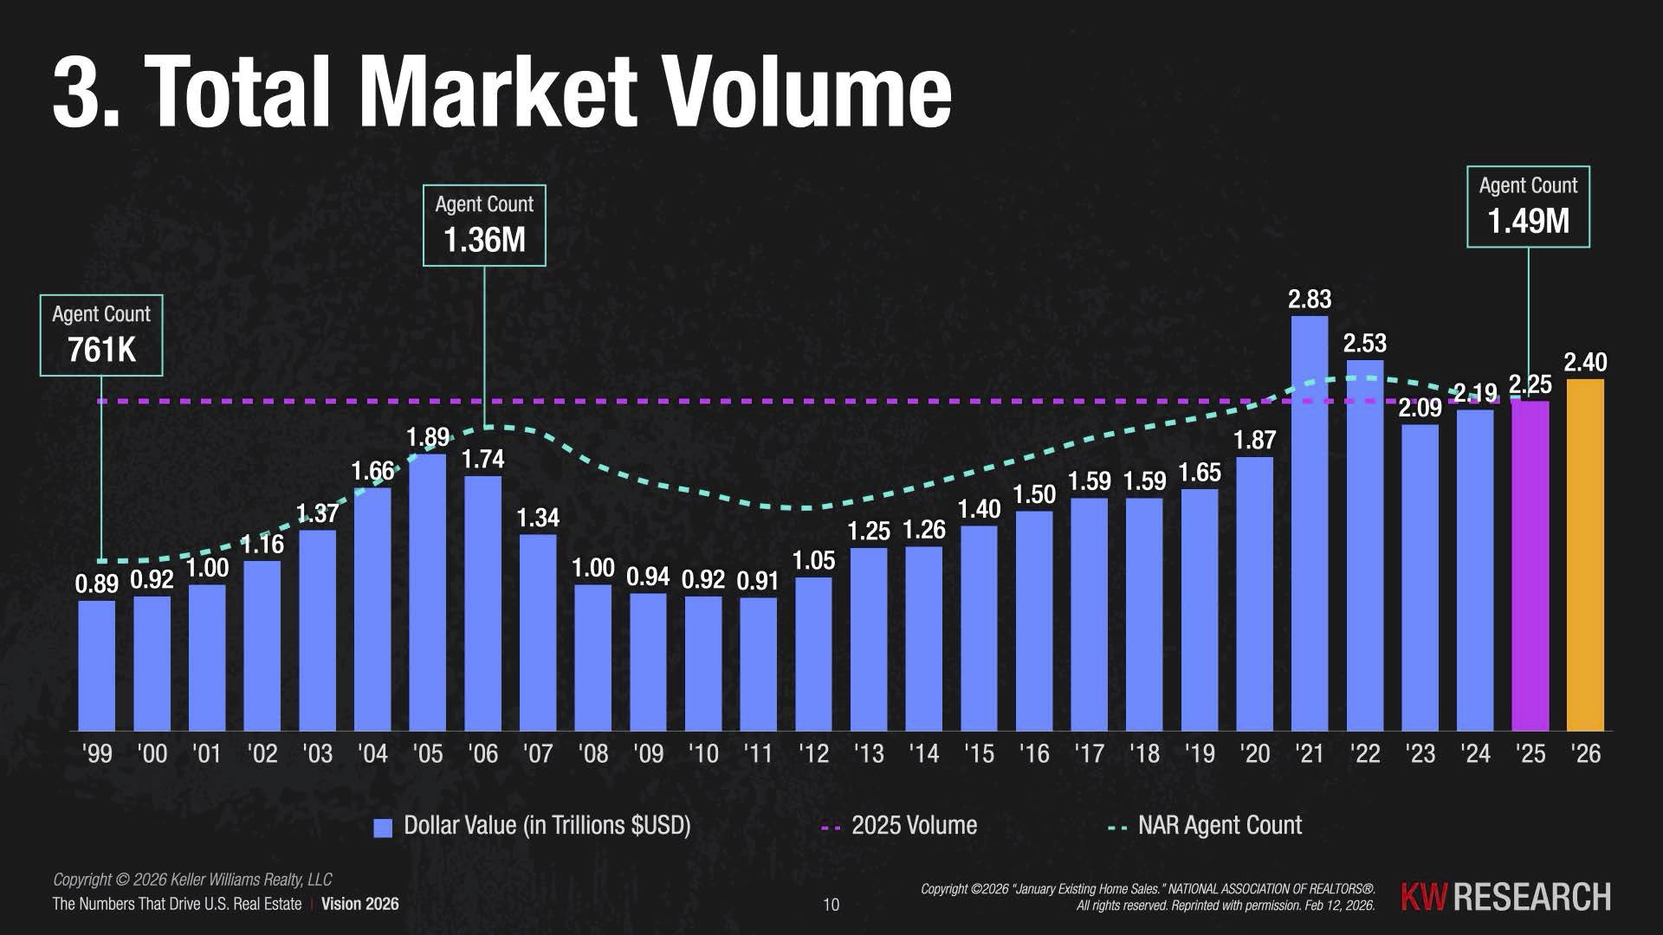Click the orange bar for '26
(x=1585, y=554)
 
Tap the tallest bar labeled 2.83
(x=1310, y=523)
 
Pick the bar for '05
(x=428, y=592)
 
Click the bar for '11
(x=759, y=664)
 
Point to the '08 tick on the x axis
(x=593, y=754)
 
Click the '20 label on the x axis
(x=1255, y=754)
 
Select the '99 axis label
(x=97, y=754)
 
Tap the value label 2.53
(x=1365, y=343)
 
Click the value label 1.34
(x=538, y=518)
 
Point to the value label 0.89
(x=97, y=584)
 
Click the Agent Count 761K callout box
(x=101, y=335)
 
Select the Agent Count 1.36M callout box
(x=484, y=225)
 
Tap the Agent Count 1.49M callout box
(x=1528, y=207)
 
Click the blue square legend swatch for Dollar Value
(x=383, y=828)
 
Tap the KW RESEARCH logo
(x=1505, y=897)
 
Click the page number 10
(x=831, y=905)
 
